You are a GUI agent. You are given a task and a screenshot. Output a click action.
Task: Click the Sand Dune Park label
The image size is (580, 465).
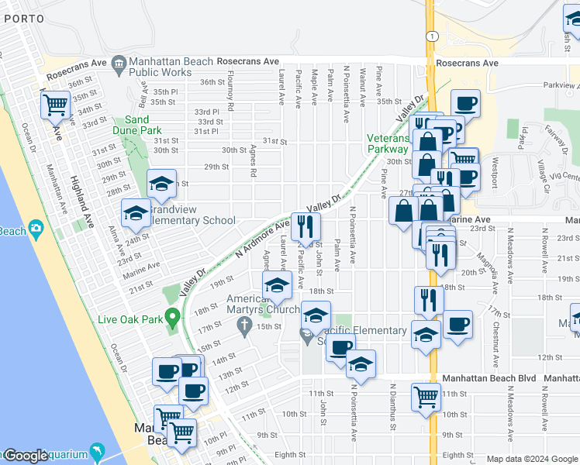click(x=137, y=125)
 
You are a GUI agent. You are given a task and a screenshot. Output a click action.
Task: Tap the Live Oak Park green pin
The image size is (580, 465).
click(x=173, y=318)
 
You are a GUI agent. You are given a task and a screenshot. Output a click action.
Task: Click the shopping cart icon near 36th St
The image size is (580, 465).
click(x=55, y=105)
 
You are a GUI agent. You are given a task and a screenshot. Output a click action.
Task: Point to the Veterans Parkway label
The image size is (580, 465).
click(x=387, y=143)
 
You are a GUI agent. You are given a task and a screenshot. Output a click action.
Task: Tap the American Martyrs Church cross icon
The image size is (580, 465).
click(x=243, y=327)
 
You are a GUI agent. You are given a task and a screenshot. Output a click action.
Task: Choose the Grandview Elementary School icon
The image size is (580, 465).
click(x=135, y=215)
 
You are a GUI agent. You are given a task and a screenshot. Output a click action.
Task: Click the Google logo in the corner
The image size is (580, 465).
click(x=25, y=456)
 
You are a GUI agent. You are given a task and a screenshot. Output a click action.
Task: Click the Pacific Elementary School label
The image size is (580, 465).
click(x=372, y=331)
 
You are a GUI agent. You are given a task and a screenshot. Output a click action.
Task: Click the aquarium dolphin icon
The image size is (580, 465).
click(x=98, y=450)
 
